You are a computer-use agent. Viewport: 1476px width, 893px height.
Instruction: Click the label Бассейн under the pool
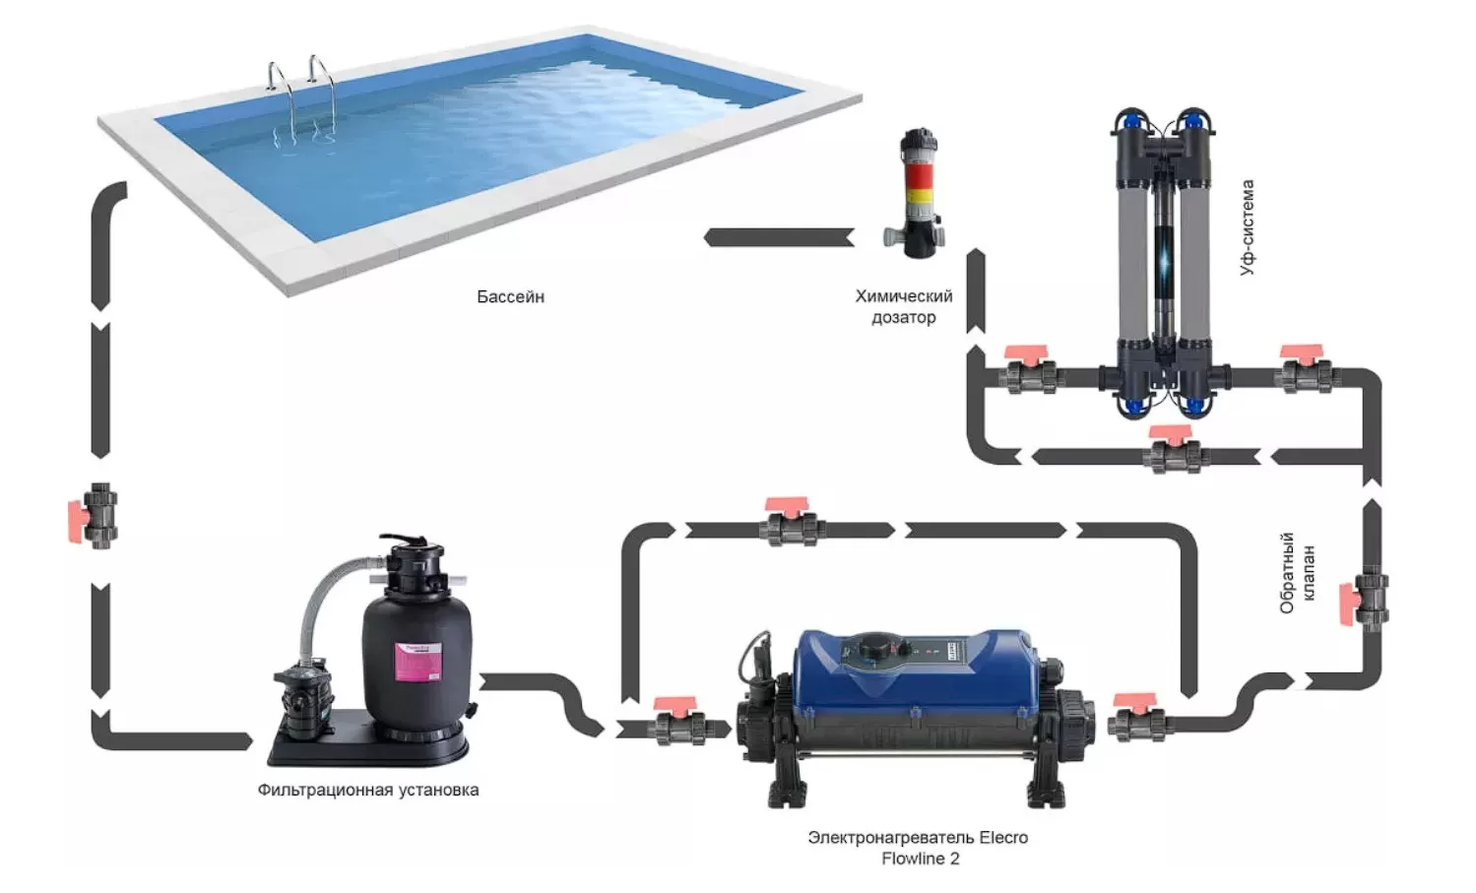pos(510,296)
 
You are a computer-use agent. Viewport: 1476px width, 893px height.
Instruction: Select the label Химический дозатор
pos(903,306)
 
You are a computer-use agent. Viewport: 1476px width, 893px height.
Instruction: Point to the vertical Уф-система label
pos(1247,227)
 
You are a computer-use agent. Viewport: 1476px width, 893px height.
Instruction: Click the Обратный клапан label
pos(1297,573)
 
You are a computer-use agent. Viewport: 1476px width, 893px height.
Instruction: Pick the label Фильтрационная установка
pos(368,790)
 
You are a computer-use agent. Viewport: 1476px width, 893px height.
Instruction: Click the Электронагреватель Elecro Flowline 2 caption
pos(918,848)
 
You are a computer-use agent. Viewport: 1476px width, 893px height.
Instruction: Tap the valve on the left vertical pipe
pos(98,515)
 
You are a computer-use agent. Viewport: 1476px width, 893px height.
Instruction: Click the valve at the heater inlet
pos(678,725)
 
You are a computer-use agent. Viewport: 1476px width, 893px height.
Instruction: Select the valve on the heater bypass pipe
pos(791,525)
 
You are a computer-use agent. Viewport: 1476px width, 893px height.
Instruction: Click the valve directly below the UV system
pos(1175,452)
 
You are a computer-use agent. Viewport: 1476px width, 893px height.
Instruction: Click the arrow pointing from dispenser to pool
pos(779,237)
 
